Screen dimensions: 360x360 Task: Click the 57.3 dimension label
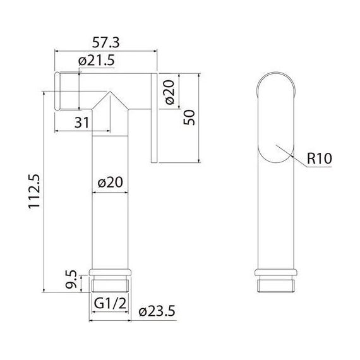coord(106,43)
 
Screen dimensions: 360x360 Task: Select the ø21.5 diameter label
coord(96,61)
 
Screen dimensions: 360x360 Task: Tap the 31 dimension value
coord(81,123)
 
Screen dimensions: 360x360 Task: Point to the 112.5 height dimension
coord(34,191)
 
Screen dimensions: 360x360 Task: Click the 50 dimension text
coord(189,117)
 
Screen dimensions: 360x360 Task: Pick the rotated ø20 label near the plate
coord(170,92)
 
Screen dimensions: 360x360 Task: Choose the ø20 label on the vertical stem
coord(110,183)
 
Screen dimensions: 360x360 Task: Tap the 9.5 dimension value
coord(71,279)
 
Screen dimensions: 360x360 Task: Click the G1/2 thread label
coord(110,303)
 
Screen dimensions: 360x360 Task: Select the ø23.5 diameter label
coord(157,311)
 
